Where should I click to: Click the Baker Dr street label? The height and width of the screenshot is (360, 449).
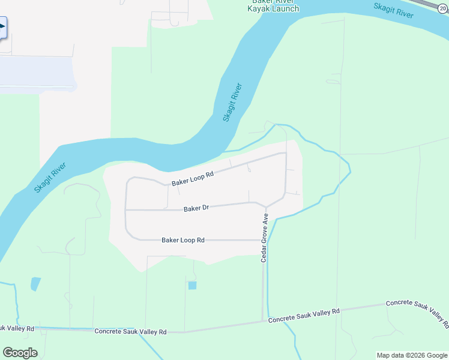196,208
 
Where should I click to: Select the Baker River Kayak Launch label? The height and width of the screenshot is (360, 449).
274,5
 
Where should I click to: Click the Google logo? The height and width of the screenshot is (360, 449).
20,353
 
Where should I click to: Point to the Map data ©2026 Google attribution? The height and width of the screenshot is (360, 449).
411,356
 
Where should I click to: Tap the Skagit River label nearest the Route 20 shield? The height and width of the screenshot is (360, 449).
393,10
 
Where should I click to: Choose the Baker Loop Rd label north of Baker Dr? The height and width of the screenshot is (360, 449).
193,179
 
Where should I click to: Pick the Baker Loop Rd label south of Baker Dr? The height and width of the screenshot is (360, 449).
183,240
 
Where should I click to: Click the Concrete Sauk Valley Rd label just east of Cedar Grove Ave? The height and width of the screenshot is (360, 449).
304,316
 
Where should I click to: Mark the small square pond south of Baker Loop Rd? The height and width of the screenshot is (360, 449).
192,286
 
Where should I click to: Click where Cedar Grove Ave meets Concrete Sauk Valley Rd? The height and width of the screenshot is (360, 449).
263,321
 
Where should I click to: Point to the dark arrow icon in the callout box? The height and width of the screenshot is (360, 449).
2,26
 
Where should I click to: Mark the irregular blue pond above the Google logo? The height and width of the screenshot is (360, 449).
35,284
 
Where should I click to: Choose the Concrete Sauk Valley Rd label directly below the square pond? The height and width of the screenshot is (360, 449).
130,331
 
